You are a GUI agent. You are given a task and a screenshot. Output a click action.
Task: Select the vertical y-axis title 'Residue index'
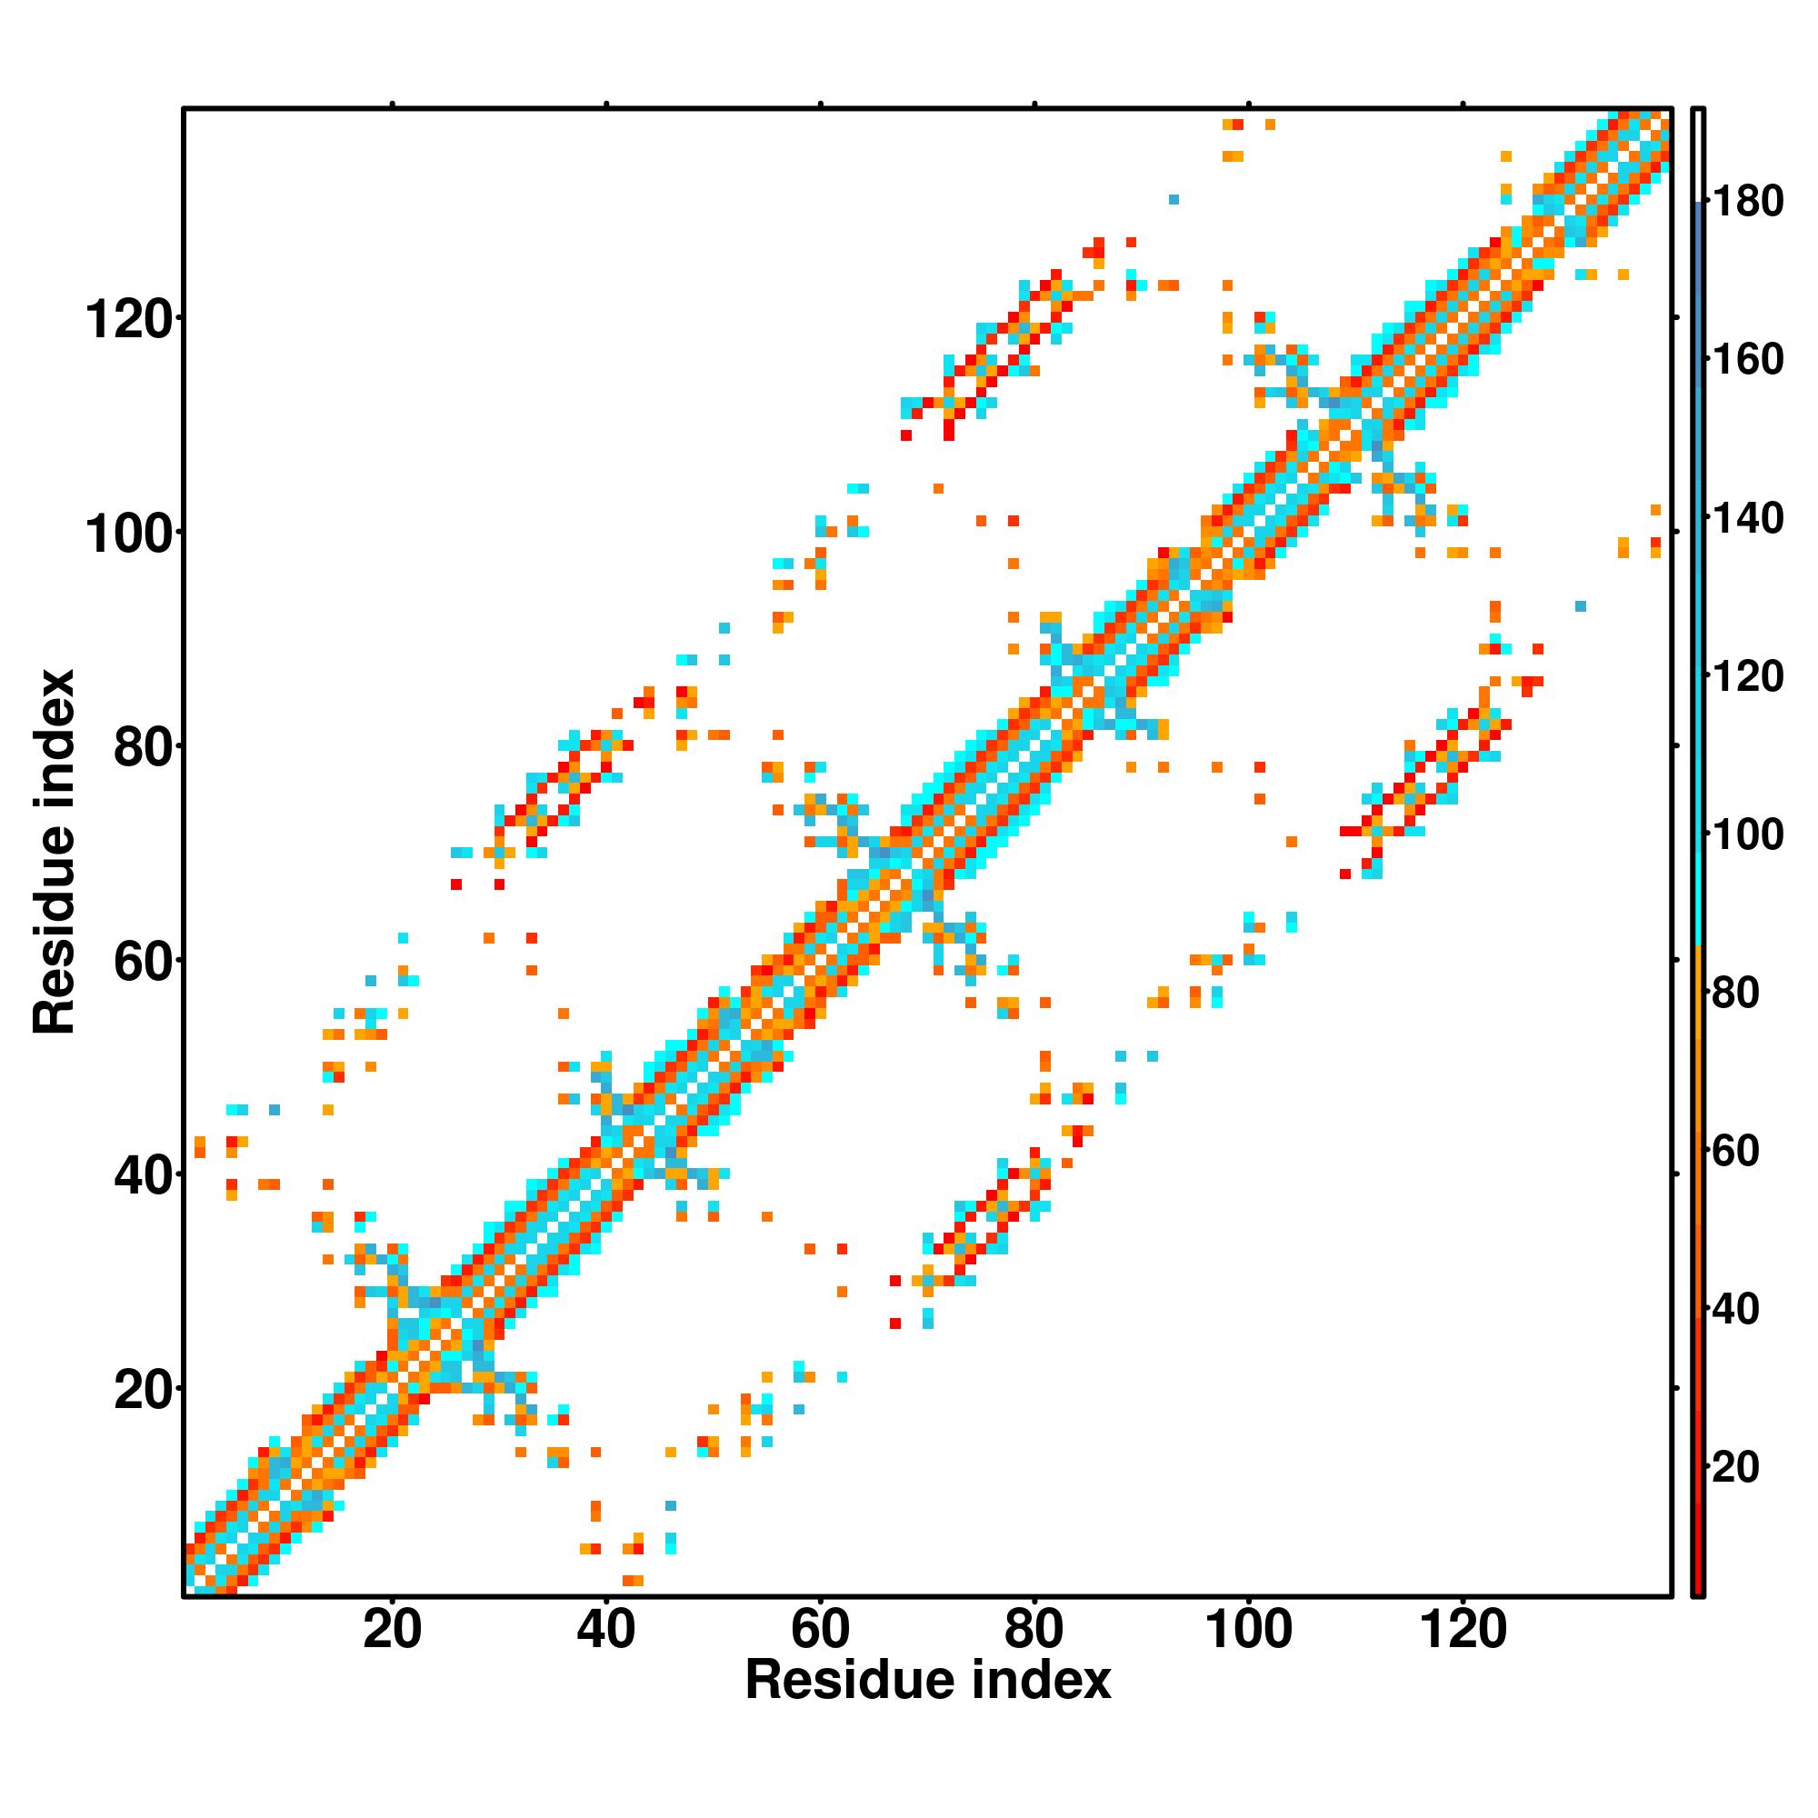54,852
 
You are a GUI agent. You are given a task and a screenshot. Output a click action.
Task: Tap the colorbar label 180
1747,202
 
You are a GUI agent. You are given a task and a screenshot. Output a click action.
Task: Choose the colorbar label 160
1747,359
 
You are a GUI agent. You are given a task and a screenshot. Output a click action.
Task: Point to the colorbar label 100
1747,834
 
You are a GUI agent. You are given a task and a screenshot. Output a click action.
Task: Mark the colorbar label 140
1747,517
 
